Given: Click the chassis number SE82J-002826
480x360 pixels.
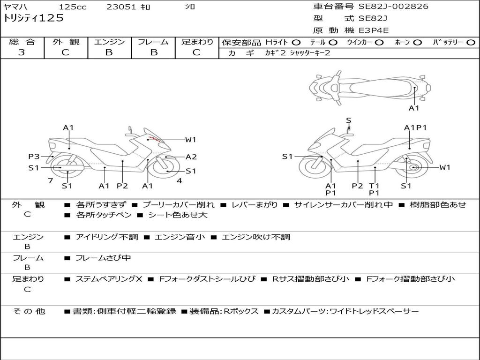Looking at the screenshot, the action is coord(393,7).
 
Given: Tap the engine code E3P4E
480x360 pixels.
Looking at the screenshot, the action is coord(374,30).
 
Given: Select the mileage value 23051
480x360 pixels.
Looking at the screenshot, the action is coord(121,7).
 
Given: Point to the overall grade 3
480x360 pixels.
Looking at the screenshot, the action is coord(22,52).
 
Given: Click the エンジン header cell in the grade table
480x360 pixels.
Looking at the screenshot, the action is coord(109,42).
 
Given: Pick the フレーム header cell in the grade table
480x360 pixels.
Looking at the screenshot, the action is coord(153,42).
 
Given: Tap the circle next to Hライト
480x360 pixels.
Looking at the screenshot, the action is coord(296,43).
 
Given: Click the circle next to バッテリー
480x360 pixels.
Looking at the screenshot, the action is coord(471,43).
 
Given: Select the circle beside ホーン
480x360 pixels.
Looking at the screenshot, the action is coord(417,43).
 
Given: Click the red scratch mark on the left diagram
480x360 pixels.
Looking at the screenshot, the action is coord(154,139).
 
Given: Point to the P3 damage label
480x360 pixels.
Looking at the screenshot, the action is coord(34,157).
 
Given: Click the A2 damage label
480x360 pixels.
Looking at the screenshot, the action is coord(191,157).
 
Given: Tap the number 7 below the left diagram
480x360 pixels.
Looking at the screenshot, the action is coord(50,181).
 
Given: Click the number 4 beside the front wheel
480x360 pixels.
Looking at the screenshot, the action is coord(179,181).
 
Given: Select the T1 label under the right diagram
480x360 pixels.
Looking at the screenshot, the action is coord(374,186).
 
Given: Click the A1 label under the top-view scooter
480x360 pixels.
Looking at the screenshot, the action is coord(414,108).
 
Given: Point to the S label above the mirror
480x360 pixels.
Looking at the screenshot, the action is coord(348,120).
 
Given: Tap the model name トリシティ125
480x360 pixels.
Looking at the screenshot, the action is coord(33,18).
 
